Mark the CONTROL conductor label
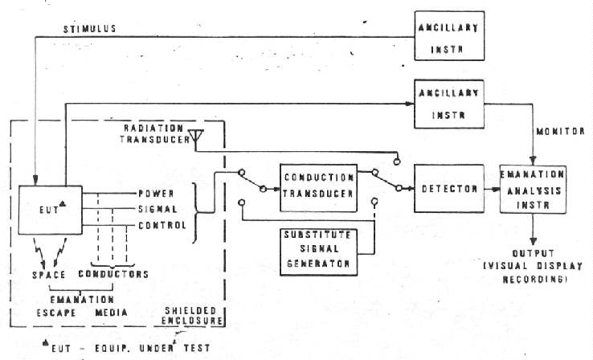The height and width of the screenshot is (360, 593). click(x=162, y=225)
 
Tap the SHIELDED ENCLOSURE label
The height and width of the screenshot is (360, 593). click(x=194, y=316)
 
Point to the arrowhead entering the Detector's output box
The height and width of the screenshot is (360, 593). click(x=493, y=188)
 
